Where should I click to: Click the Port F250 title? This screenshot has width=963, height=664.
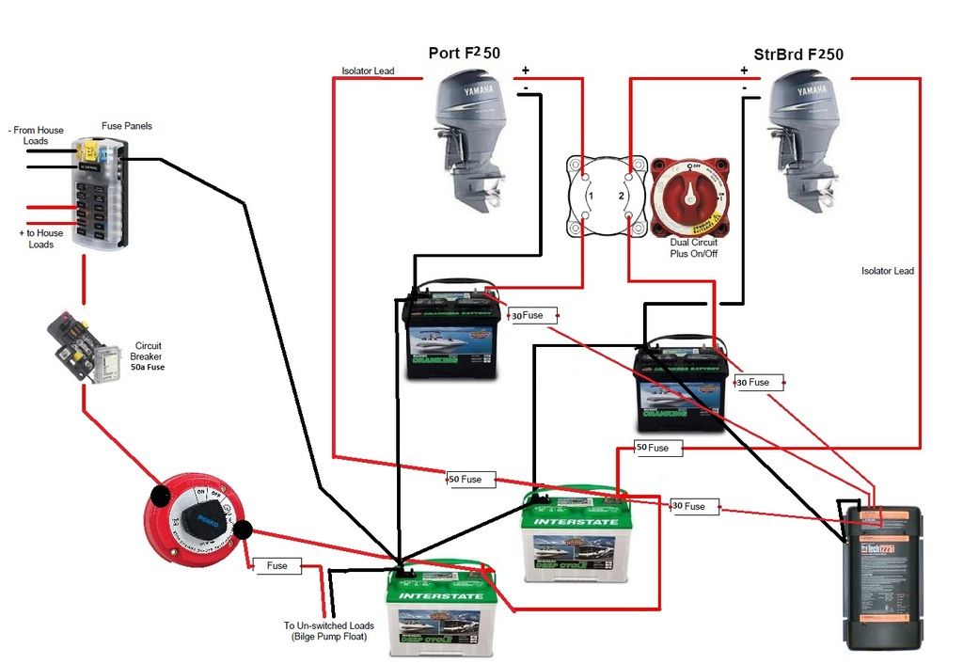click(x=465, y=53)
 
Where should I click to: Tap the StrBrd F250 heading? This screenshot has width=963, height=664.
click(x=798, y=54)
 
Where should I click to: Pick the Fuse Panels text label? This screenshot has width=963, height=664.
click(x=126, y=126)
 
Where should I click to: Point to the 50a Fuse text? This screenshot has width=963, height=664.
click(x=148, y=367)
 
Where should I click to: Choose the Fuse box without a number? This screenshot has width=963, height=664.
click(x=276, y=566)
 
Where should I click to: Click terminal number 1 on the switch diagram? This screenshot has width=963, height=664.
click(x=590, y=196)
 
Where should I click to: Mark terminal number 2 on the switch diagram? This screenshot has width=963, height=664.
click(x=621, y=196)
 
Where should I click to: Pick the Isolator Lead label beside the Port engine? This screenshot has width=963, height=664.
click(x=368, y=71)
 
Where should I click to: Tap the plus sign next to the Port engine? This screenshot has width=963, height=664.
click(x=525, y=71)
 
